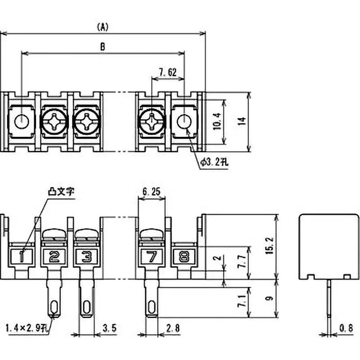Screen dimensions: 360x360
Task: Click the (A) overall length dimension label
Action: tap(103, 27)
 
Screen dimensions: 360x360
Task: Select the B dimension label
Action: tap(103, 46)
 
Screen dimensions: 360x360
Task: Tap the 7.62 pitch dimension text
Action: tap(167, 72)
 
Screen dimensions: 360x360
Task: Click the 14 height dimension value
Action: tap(242, 121)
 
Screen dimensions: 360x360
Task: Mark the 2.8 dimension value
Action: tap(172, 328)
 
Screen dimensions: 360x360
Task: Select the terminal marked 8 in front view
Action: tap(184, 257)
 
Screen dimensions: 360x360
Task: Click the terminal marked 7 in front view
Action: tap(152, 257)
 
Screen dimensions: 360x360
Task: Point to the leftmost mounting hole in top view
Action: tap(21, 121)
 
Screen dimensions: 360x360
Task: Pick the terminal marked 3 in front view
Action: tap(86, 257)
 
